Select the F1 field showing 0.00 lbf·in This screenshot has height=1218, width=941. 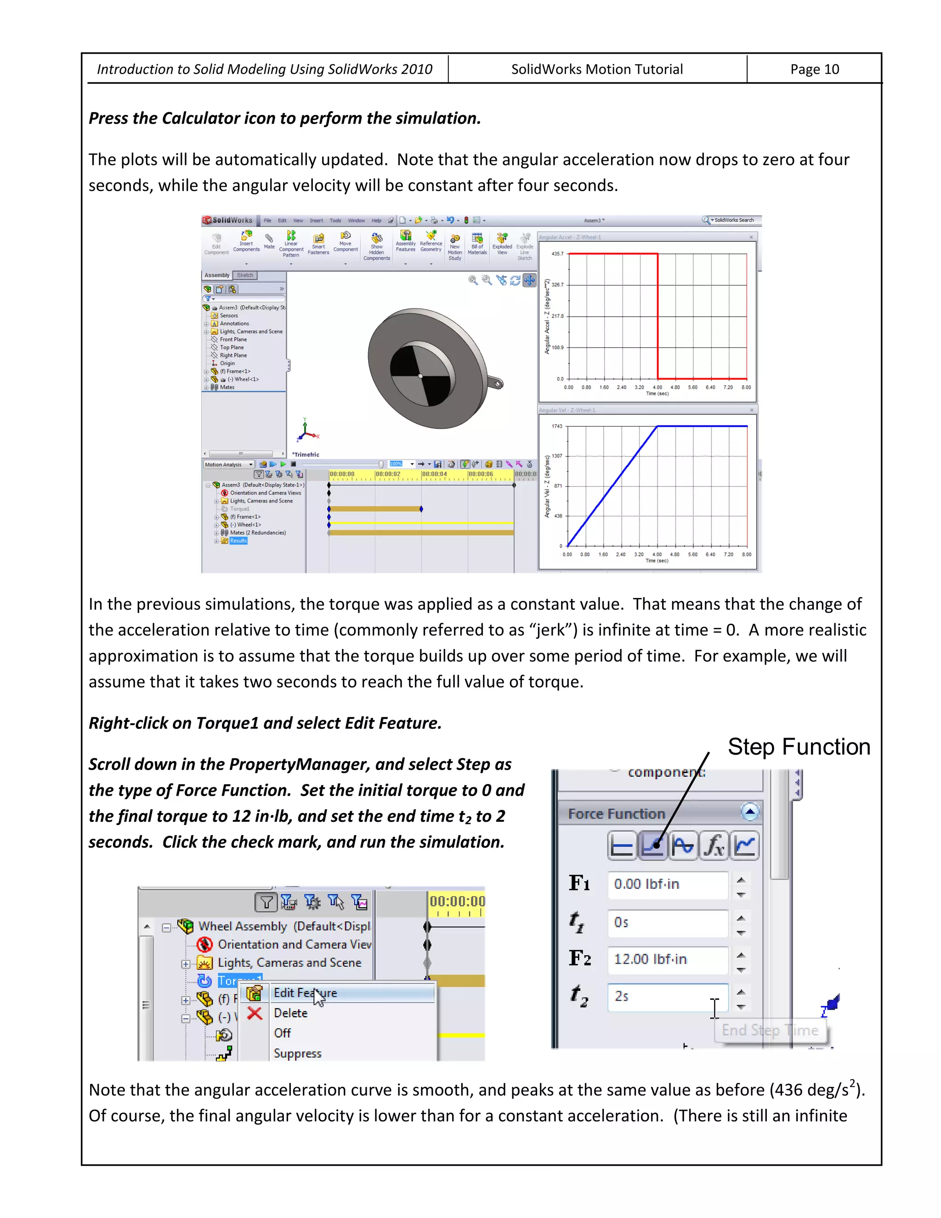[667, 884]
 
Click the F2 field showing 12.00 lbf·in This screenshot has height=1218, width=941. [667, 959]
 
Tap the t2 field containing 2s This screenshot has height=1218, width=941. [667, 996]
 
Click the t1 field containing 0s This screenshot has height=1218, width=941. [667, 922]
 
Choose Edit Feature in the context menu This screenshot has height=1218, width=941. [305, 993]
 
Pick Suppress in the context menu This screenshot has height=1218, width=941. [297, 1054]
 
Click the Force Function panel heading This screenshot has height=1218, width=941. [617, 814]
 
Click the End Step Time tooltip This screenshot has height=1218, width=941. [770, 1030]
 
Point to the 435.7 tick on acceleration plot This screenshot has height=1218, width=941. [557, 254]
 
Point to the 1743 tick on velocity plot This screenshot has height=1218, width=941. [557, 426]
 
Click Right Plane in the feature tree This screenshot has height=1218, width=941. [233, 355]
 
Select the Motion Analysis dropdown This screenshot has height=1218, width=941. [228, 465]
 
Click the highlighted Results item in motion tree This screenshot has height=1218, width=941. [238, 541]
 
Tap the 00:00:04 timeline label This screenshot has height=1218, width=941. [434, 474]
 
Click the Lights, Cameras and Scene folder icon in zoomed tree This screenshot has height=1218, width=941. [204, 963]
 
